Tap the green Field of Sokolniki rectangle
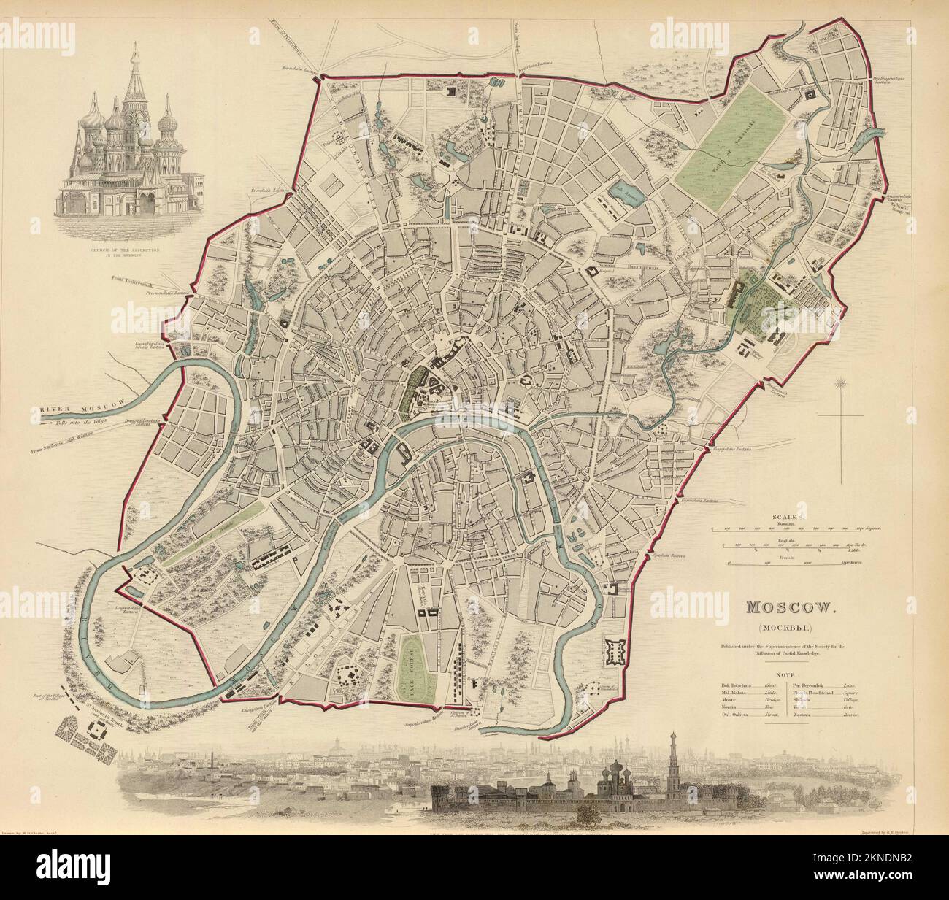pos(732,142)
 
